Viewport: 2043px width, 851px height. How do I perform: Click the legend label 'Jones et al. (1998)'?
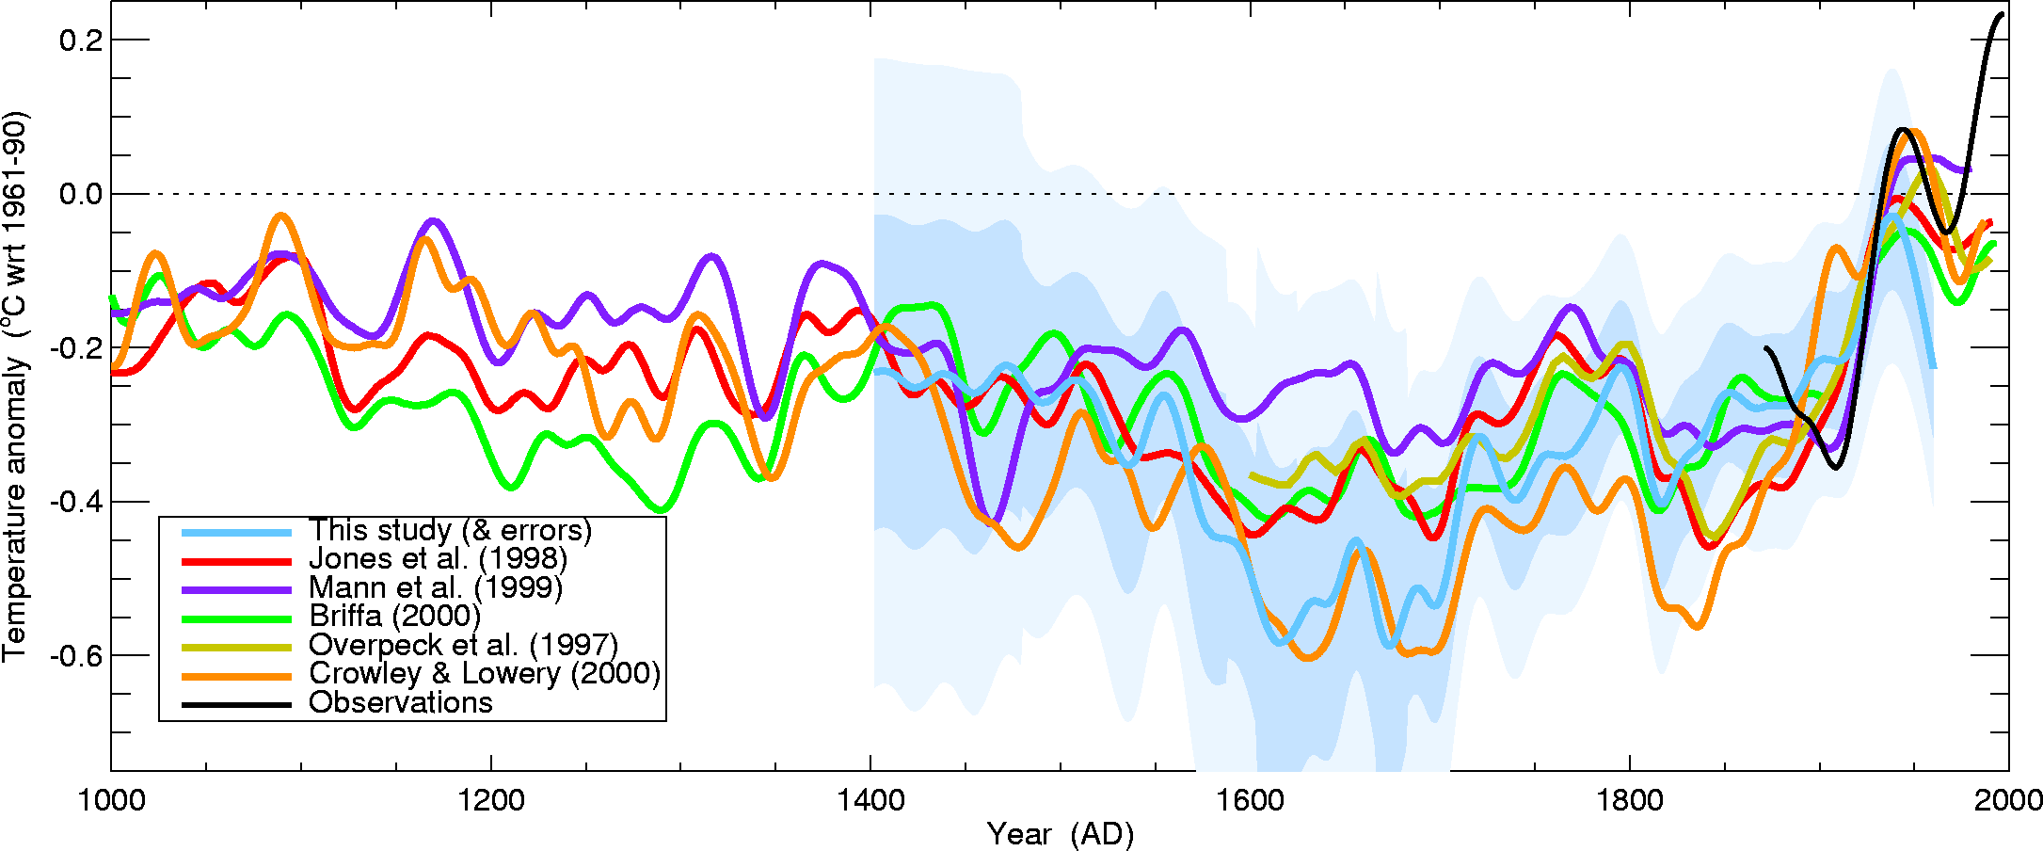click(x=438, y=559)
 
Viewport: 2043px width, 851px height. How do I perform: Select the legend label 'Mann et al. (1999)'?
click(x=436, y=588)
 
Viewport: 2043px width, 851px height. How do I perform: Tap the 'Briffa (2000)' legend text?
click(x=394, y=617)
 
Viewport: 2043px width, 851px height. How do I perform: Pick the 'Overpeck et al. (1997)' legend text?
click(x=463, y=645)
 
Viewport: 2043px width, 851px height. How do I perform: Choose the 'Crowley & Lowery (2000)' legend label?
click(x=485, y=674)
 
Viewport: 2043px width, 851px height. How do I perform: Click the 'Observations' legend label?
click(x=400, y=703)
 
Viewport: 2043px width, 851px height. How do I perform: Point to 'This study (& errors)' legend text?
click(x=450, y=531)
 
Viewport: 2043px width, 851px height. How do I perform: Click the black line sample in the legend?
click(x=236, y=704)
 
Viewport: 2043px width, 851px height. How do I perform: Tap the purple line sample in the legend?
click(x=236, y=589)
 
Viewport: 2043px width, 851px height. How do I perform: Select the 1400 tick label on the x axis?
click(x=870, y=801)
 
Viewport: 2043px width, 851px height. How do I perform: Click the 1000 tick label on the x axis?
click(x=112, y=801)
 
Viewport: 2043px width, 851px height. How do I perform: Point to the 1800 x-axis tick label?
click(x=1630, y=801)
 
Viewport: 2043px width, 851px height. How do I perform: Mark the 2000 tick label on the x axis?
click(x=2008, y=801)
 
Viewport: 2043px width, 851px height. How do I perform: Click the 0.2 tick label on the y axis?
click(x=80, y=40)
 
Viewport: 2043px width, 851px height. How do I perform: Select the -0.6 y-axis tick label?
click(x=74, y=655)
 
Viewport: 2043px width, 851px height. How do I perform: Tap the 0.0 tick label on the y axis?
click(x=80, y=195)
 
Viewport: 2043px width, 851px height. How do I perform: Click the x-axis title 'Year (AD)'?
click(x=1061, y=834)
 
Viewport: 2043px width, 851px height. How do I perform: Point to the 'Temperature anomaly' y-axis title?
click(x=15, y=386)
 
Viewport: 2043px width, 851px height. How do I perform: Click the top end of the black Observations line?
click(x=2001, y=15)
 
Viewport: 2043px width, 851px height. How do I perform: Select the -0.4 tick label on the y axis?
click(x=74, y=502)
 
